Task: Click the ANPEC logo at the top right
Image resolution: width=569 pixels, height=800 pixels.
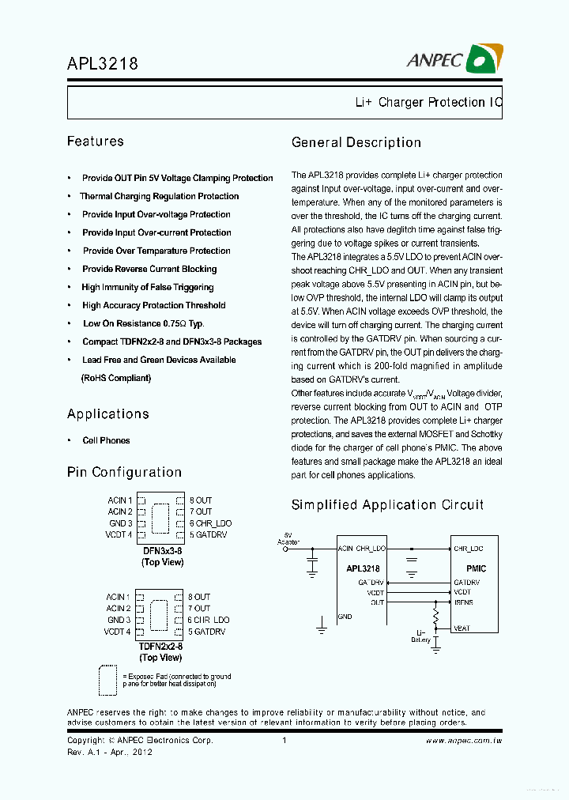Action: click(x=454, y=59)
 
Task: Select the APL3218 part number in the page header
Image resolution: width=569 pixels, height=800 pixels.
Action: click(x=103, y=63)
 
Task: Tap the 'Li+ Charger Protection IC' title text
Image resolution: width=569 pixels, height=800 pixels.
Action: click(x=428, y=103)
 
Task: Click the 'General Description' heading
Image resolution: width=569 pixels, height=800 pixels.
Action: click(x=356, y=142)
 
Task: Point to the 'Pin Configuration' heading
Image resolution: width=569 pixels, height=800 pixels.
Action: click(x=124, y=472)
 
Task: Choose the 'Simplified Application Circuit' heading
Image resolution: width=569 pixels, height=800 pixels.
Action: click(x=387, y=504)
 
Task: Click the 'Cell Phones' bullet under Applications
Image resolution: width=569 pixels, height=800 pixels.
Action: click(x=106, y=440)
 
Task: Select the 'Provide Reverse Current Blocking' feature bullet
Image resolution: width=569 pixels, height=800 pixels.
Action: click(x=149, y=269)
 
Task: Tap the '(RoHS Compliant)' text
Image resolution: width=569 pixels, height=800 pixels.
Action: click(x=116, y=378)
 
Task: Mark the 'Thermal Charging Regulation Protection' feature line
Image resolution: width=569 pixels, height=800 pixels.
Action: click(x=160, y=196)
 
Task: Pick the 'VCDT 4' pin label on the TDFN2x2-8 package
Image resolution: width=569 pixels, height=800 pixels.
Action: click(x=117, y=632)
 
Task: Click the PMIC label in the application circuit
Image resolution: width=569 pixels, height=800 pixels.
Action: click(x=476, y=568)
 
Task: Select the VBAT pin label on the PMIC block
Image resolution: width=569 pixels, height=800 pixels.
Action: click(x=462, y=628)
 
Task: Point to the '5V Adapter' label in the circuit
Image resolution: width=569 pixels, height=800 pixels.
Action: click(x=287, y=538)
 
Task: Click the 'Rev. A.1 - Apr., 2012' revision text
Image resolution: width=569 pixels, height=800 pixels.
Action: click(x=110, y=752)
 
